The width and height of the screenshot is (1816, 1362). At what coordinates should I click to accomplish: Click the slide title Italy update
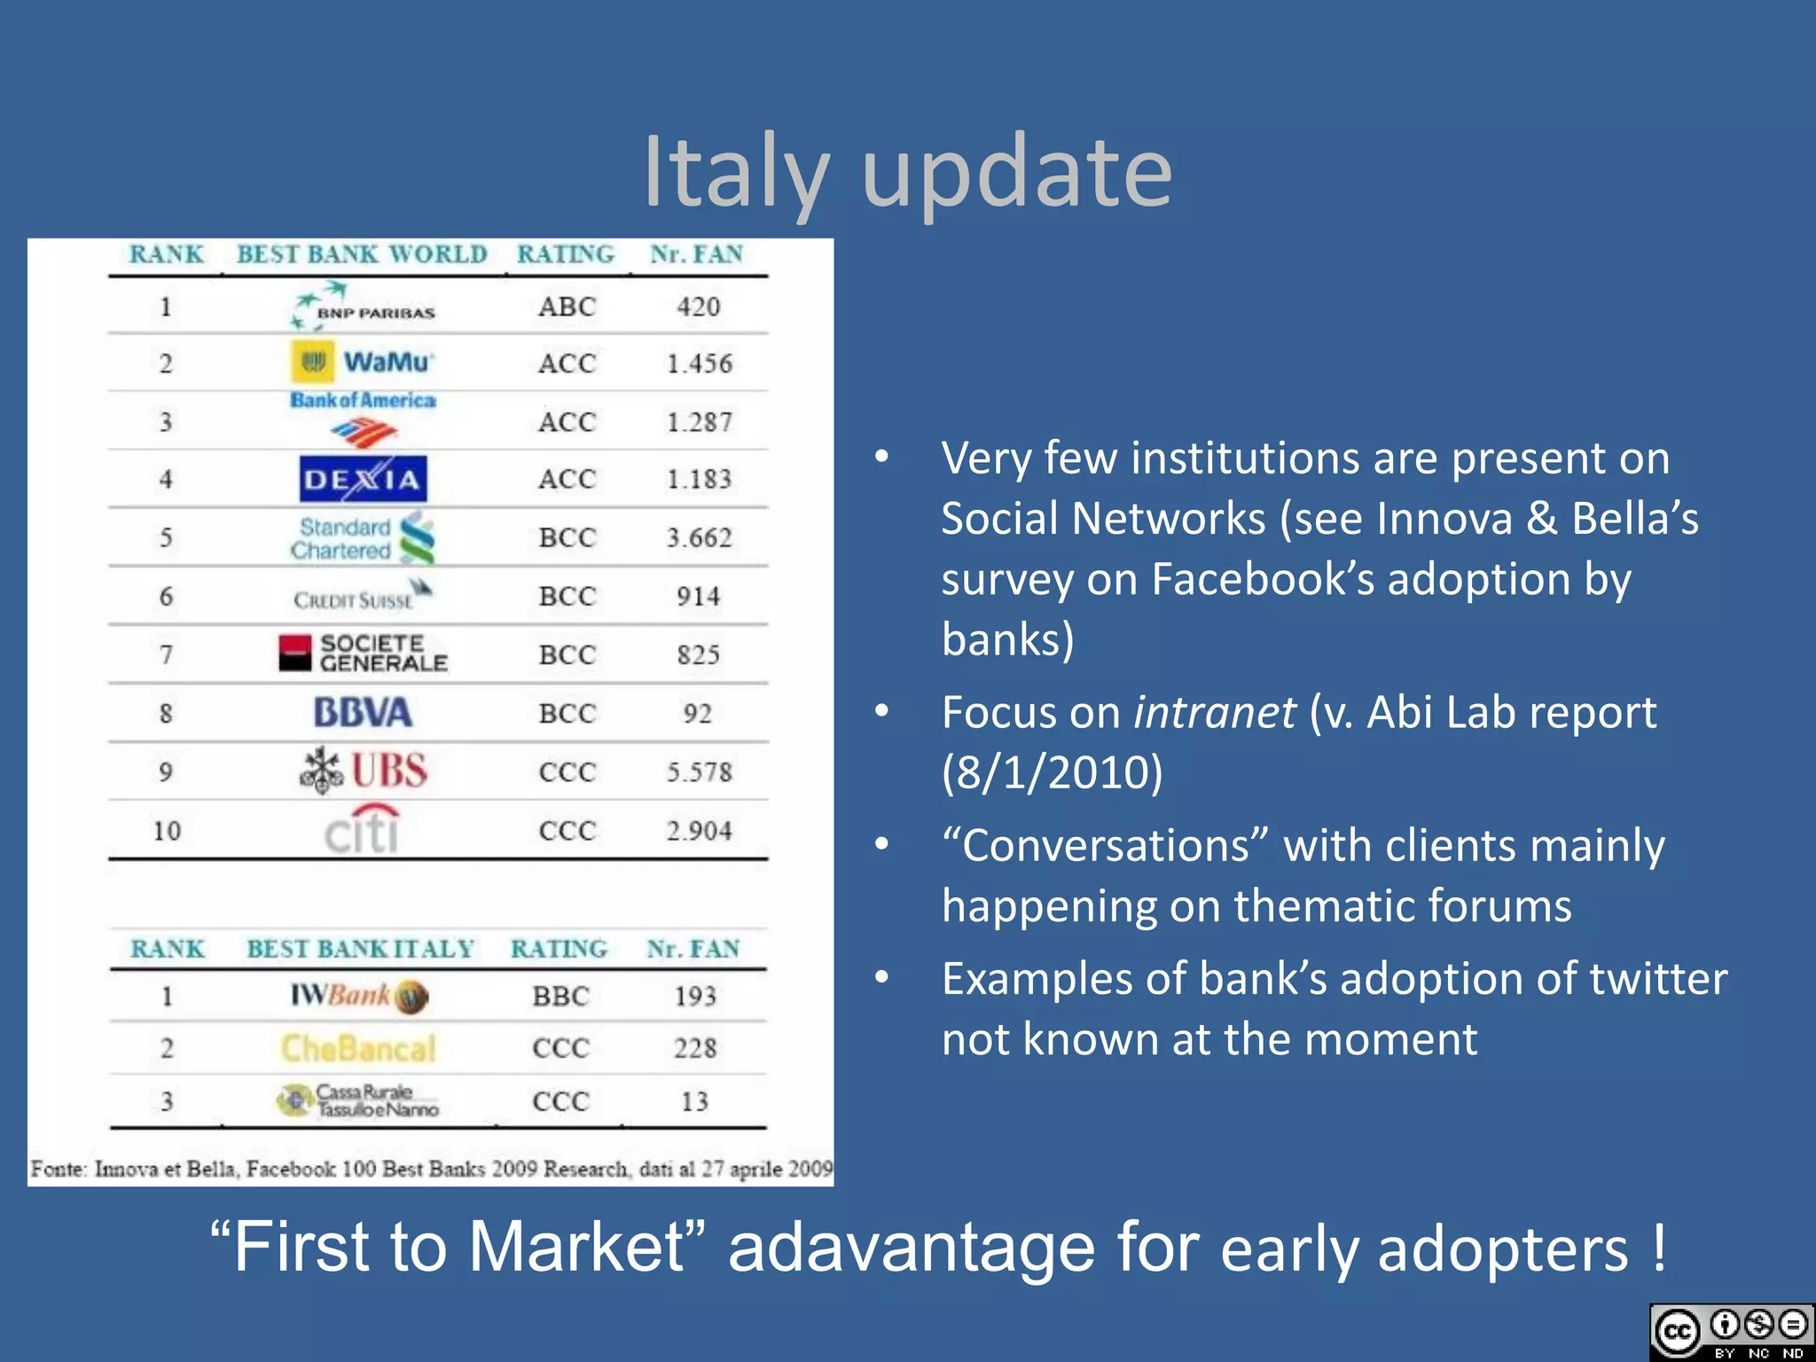(907, 173)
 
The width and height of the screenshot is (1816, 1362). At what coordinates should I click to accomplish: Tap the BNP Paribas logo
(364, 306)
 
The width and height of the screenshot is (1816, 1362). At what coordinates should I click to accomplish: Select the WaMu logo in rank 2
(362, 362)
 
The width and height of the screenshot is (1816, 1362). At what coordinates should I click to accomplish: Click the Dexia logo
(363, 479)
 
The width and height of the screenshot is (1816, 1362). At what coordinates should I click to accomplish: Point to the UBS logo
(364, 770)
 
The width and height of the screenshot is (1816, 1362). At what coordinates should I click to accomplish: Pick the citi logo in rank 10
(363, 829)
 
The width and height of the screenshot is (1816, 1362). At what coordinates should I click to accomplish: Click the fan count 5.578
(699, 771)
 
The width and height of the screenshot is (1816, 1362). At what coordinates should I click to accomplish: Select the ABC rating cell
(567, 307)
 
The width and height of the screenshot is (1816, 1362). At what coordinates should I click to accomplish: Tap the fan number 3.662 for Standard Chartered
(699, 537)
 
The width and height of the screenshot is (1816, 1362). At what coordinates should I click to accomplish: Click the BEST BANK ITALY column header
(360, 949)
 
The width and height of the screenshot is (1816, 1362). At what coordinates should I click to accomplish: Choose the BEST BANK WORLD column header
(362, 254)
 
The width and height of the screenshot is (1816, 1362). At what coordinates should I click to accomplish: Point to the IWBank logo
(359, 996)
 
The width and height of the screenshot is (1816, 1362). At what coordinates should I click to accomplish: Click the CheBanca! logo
(358, 1048)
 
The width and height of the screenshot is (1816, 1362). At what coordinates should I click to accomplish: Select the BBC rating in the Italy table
(560, 996)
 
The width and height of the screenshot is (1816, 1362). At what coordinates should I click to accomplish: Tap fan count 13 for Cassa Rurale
(694, 1101)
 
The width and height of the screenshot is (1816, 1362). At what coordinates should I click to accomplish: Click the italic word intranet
(1214, 712)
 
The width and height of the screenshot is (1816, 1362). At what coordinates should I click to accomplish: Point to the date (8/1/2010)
(1052, 771)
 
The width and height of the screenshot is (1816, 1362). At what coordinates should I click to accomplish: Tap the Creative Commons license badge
(1731, 1332)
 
